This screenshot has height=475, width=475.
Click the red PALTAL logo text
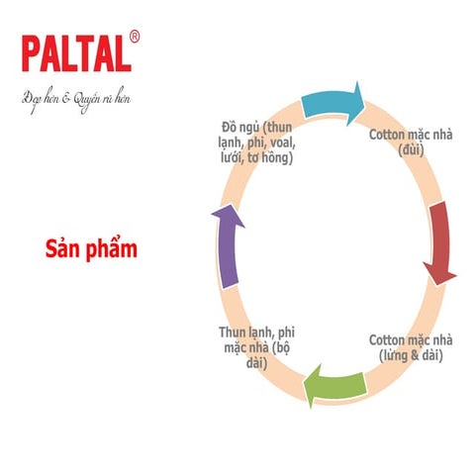pyautogui.click(x=75, y=54)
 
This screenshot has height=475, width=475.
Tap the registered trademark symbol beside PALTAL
pyautogui.click(x=135, y=38)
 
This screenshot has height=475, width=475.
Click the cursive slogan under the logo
pyautogui.click(x=76, y=98)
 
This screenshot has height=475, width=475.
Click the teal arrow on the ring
pyautogui.click(x=332, y=102)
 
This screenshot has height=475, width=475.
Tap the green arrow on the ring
pyautogui.click(x=332, y=385)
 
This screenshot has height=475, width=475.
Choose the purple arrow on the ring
pyautogui.click(x=227, y=243)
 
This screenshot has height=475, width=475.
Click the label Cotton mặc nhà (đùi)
pyautogui.click(x=411, y=142)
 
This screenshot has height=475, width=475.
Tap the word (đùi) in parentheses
pyautogui.click(x=411, y=150)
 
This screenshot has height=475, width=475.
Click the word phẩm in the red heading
pyautogui.click(x=115, y=249)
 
